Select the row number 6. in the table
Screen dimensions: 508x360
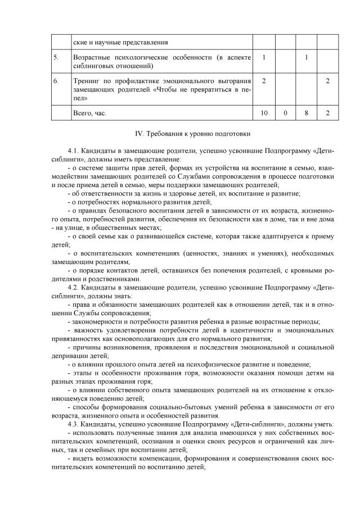coord(56,81)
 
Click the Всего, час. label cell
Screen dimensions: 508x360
coord(89,113)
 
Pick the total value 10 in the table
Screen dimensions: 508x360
coord(264,113)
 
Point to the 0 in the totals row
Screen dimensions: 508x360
coord(285,113)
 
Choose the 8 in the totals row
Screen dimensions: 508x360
coord(307,113)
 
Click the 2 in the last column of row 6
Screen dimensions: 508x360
coord(328,81)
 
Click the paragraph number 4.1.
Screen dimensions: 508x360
coord(73,151)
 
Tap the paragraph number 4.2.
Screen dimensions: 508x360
coord(73,287)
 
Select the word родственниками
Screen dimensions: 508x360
coord(112,279)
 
